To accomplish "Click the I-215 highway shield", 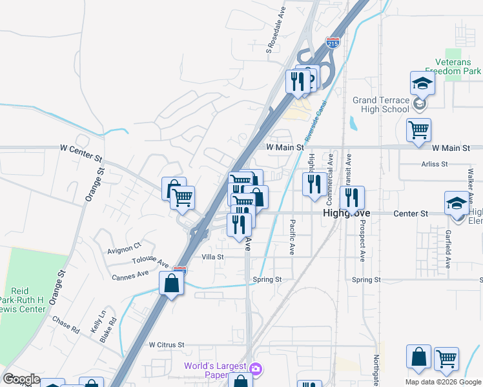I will click(x=333, y=43).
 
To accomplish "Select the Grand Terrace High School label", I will click(x=381, y=104).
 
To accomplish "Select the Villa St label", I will click(x=212, y=257).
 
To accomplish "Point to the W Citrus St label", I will click(x=167, y=345).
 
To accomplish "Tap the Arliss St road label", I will click(x=433, y=164).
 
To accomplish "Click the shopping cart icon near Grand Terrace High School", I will click(x=419, y=130).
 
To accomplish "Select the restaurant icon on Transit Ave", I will click(x=352, y=197).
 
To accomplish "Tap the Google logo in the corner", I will click(x=21, y=379).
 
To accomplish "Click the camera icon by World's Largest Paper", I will click(x=256, y=369).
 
